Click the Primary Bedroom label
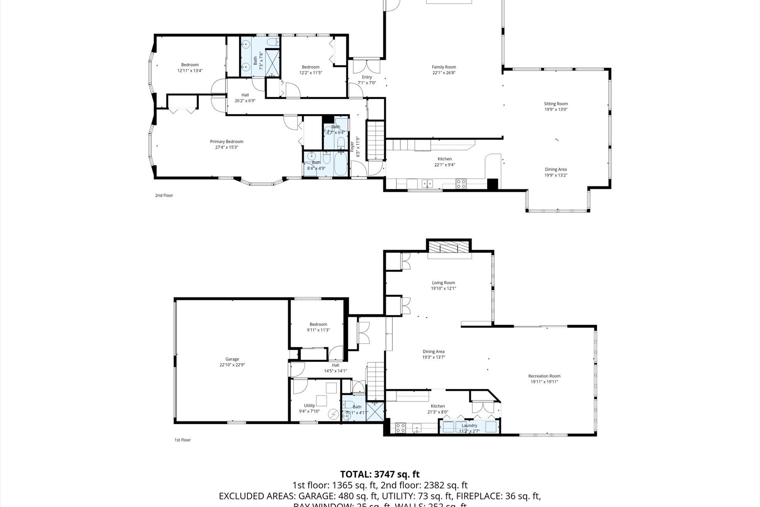(227, 142)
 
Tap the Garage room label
(232, 359)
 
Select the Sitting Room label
(556, 104)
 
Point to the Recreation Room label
(544, 376)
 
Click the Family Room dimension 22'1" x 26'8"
(444, 73)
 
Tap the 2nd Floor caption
(164, 195)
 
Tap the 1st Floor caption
(182, 440)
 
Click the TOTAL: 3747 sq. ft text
(380, 474)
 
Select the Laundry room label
(470, 425)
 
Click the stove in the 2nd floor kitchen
(461, 184)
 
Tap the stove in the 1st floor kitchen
(401, 428)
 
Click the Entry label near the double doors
(366, 77)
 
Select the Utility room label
(309, 406)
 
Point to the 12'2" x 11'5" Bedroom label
(310, 67)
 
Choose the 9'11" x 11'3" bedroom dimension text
(318, 330)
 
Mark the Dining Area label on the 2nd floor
(556, 169)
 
